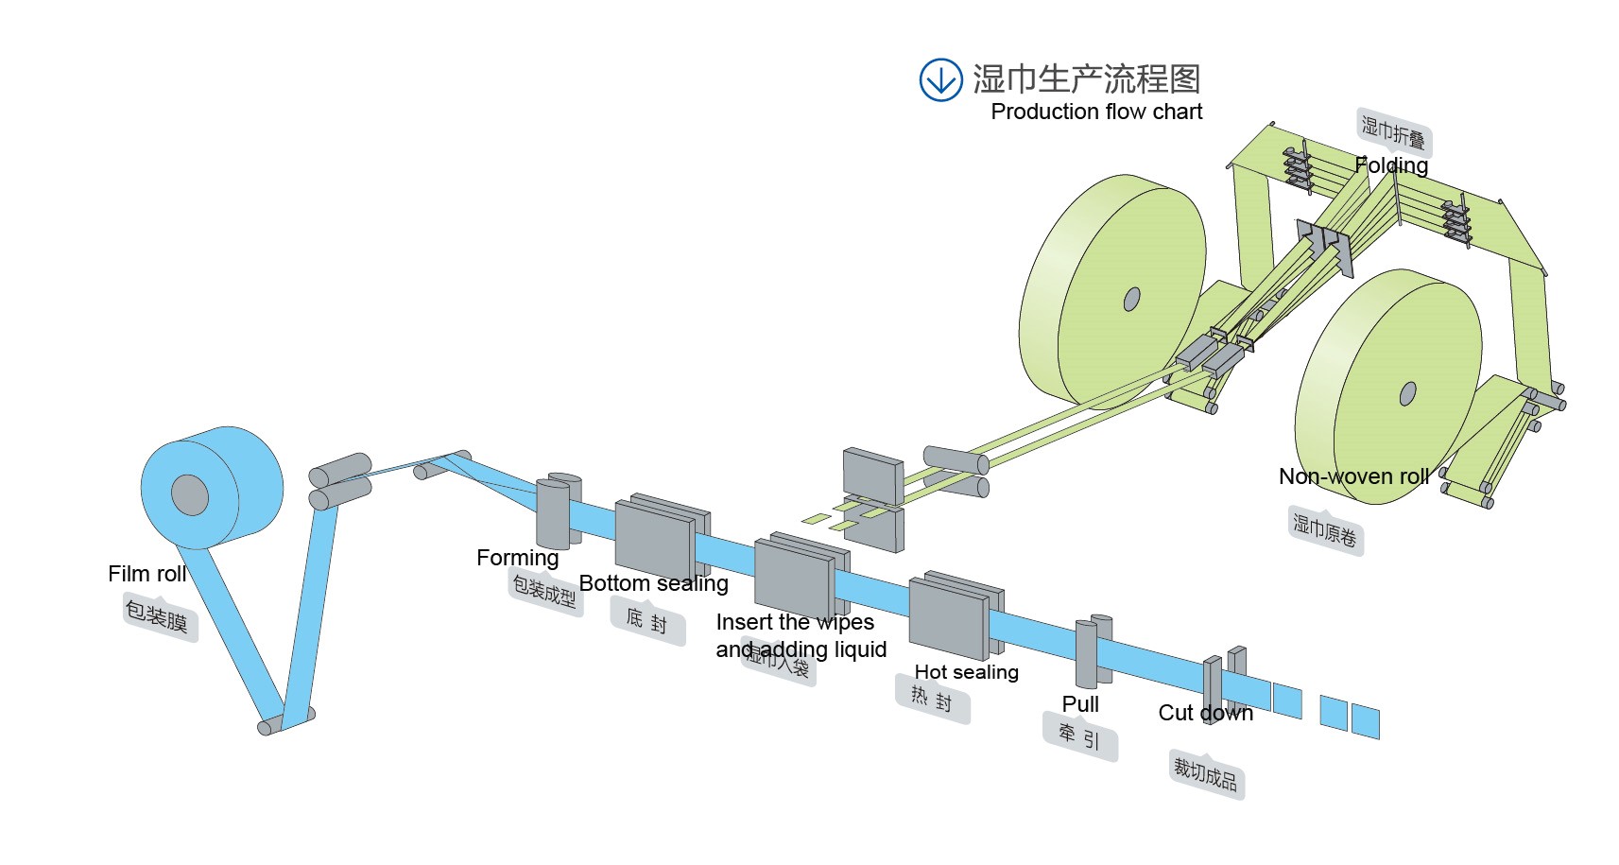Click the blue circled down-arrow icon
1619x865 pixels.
pyautogui.click(x=940, y=79)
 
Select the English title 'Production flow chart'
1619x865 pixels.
pyautogui.click(x=1096, y=112)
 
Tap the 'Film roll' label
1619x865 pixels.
pyautogui.click(x=146, y=574)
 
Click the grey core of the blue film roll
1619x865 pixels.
pyautogui.click(x=190, y=494)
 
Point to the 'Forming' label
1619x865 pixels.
pyautogui.click(x=517, y=558)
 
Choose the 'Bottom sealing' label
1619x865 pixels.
pyautogui.click(x=653, y=583)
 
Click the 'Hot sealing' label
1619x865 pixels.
pyautogui.click(x=966, y=672)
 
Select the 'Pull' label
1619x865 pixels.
pyautogui.click(x=1080, y=704)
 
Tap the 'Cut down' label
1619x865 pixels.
pyautogui.click(x=1205, y=713)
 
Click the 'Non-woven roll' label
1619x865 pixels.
pyautogui.click(x=1353, y=476)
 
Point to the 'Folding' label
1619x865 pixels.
pyautogui.click(x=1390, y=165)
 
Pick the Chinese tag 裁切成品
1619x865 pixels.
pyautogui.click(x=1205, y=774)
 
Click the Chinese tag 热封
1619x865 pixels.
pyautogui.click(x=931, y=700)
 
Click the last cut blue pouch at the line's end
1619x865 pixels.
pyautogui.click(x=1365, y=721)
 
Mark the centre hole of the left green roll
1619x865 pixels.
pyautogui.click(x=1131, y=299)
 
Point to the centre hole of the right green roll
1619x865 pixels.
pyautogui.click(x=1407, y=392)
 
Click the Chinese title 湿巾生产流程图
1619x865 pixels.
pyautogui.click(x=1087, y=78)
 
